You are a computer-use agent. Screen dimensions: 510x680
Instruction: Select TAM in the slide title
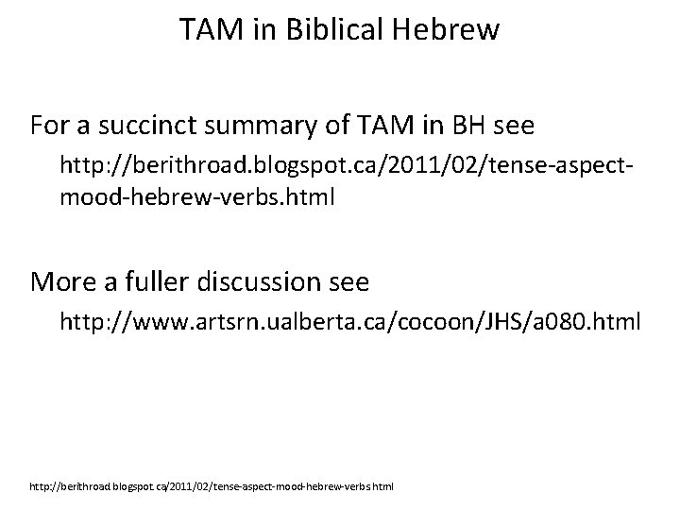[210, 31]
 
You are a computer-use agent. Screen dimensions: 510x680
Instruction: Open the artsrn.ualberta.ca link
[349, 322]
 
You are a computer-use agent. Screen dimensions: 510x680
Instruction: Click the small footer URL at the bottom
[212, 487]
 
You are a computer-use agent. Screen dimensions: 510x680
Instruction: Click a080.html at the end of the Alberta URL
[591, 322]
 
